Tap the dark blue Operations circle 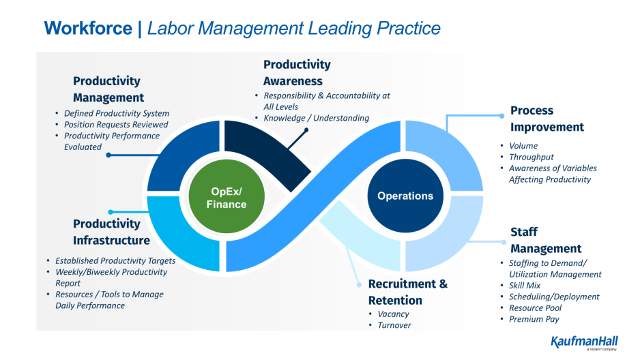(405, 196)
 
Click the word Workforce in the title (88, 28)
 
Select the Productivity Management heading (108, 89)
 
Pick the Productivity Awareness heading (297, 73)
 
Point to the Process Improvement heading (547, 119)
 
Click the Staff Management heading (546, 240)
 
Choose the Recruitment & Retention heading (407, 292)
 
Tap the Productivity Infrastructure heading (111, 232)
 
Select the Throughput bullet (532, 157)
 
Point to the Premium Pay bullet (535, 319)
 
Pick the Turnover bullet (394, 325)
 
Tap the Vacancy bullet (393, 314)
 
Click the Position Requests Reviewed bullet (116, 125)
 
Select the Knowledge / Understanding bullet (316, 118)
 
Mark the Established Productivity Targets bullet (115, 261)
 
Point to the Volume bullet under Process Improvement (523, 146)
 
